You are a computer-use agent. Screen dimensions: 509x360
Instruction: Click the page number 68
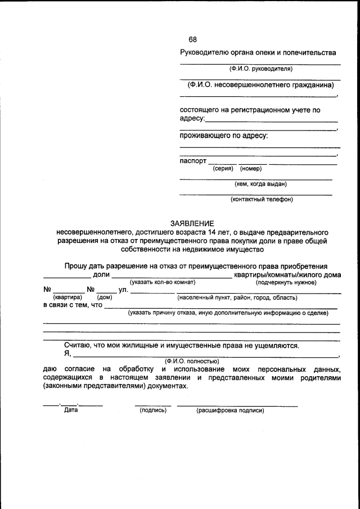point(192,39)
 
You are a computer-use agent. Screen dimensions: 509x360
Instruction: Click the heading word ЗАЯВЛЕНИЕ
point(192,223)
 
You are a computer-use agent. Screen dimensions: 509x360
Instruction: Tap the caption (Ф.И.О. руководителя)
point(260,69)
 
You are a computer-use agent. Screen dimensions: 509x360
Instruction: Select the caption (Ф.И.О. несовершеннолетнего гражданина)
point(260,85)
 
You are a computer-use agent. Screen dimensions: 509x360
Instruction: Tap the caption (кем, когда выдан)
point(260,183)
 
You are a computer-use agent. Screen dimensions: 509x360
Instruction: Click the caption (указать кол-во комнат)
point(163,282)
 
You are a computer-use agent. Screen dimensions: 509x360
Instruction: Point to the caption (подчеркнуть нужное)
point(286,282)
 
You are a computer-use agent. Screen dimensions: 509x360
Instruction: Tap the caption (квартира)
point(67,297)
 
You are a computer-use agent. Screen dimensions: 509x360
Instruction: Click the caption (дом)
point(104,297)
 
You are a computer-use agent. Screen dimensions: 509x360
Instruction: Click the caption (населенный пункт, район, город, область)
point(237,297)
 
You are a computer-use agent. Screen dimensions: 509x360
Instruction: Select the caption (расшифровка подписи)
point(229,411)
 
